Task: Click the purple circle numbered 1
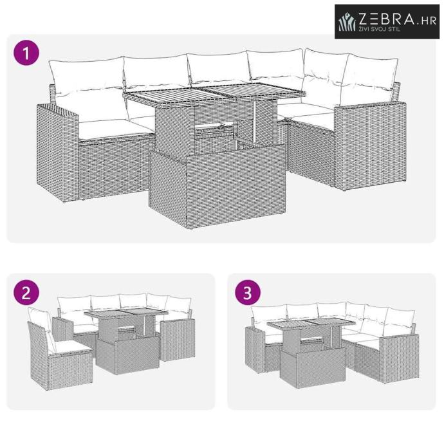26,53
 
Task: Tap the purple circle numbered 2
26,293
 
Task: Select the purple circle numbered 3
248,293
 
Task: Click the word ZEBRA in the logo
387,19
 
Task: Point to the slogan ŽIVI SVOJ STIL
380,29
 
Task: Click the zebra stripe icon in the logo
347,22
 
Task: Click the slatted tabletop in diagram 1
214,95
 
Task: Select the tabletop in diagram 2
126,313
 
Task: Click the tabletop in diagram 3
311,326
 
